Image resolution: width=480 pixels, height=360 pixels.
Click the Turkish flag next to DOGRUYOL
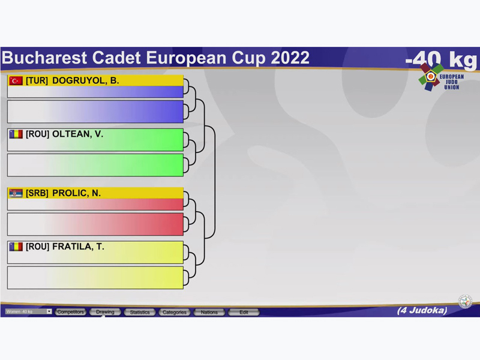[16, 81]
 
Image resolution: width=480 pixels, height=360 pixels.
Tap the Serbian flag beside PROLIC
[16, 193]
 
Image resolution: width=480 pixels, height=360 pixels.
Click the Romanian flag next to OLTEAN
[16, 134]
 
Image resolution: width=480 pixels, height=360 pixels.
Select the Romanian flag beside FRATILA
[16, 247]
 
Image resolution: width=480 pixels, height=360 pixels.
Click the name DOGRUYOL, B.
[85, 80]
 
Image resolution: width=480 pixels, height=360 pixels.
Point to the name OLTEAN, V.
[78, 134]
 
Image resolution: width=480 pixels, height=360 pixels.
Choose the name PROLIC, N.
[77, 193]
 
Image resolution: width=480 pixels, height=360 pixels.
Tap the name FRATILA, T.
[79, 247]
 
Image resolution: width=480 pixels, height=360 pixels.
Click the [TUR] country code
[37, 80]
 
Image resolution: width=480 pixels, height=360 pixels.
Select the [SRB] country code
[37, 193]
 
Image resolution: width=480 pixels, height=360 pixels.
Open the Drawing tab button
[105, 312]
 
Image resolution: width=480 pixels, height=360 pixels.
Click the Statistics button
[140, 312]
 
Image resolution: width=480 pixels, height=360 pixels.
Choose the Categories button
[175, 312]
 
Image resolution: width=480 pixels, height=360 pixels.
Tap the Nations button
[209, 312]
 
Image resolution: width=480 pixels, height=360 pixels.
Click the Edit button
[244, 312]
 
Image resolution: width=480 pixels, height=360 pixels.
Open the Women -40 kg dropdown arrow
[49, 311]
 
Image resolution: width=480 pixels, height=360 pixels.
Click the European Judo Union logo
[441, 77]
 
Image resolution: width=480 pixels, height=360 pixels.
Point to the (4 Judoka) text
[422, 310]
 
